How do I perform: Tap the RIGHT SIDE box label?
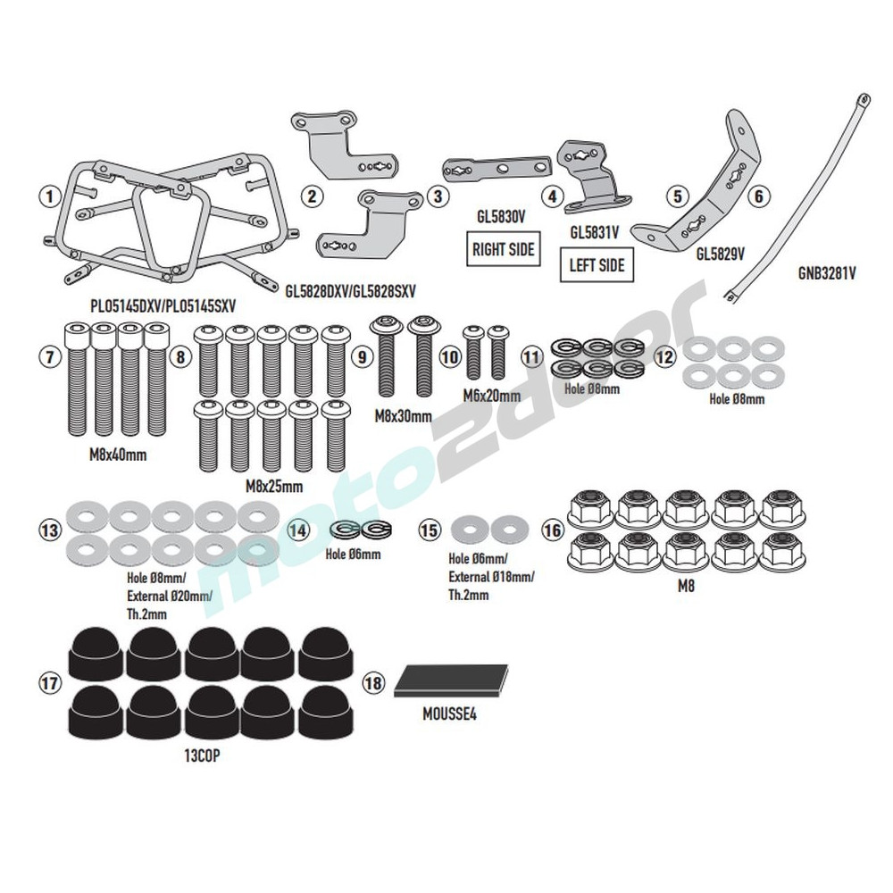[x=503, y=248]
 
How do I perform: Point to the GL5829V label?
[x=721, y=253]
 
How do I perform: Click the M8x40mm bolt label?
[x=118, y=454]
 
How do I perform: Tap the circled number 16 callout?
[x=553, y=530]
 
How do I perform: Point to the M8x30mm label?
[x=402, y=416]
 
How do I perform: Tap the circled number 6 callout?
[x=759, y=195]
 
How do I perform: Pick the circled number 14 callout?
[x=300, y=530]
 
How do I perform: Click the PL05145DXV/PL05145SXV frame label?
[x=163, y=305]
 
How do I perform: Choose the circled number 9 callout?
[x=361, y=356]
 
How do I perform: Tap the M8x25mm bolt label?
[x=274, y=486]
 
